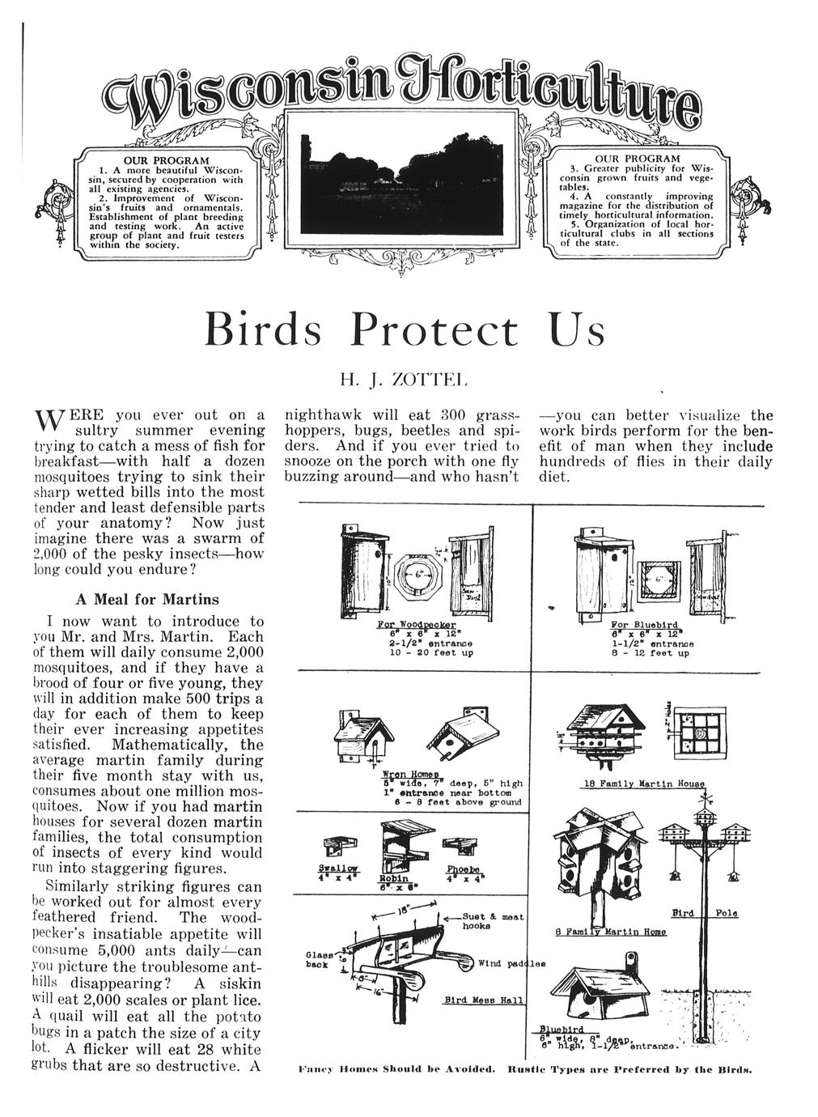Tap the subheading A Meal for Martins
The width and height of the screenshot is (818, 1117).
(x=146, y=600)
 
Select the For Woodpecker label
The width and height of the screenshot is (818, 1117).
(x=408, y=626)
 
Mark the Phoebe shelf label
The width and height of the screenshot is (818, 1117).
(x=460, y=870)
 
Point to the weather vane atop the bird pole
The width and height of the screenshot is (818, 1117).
(x=704, y=801)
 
